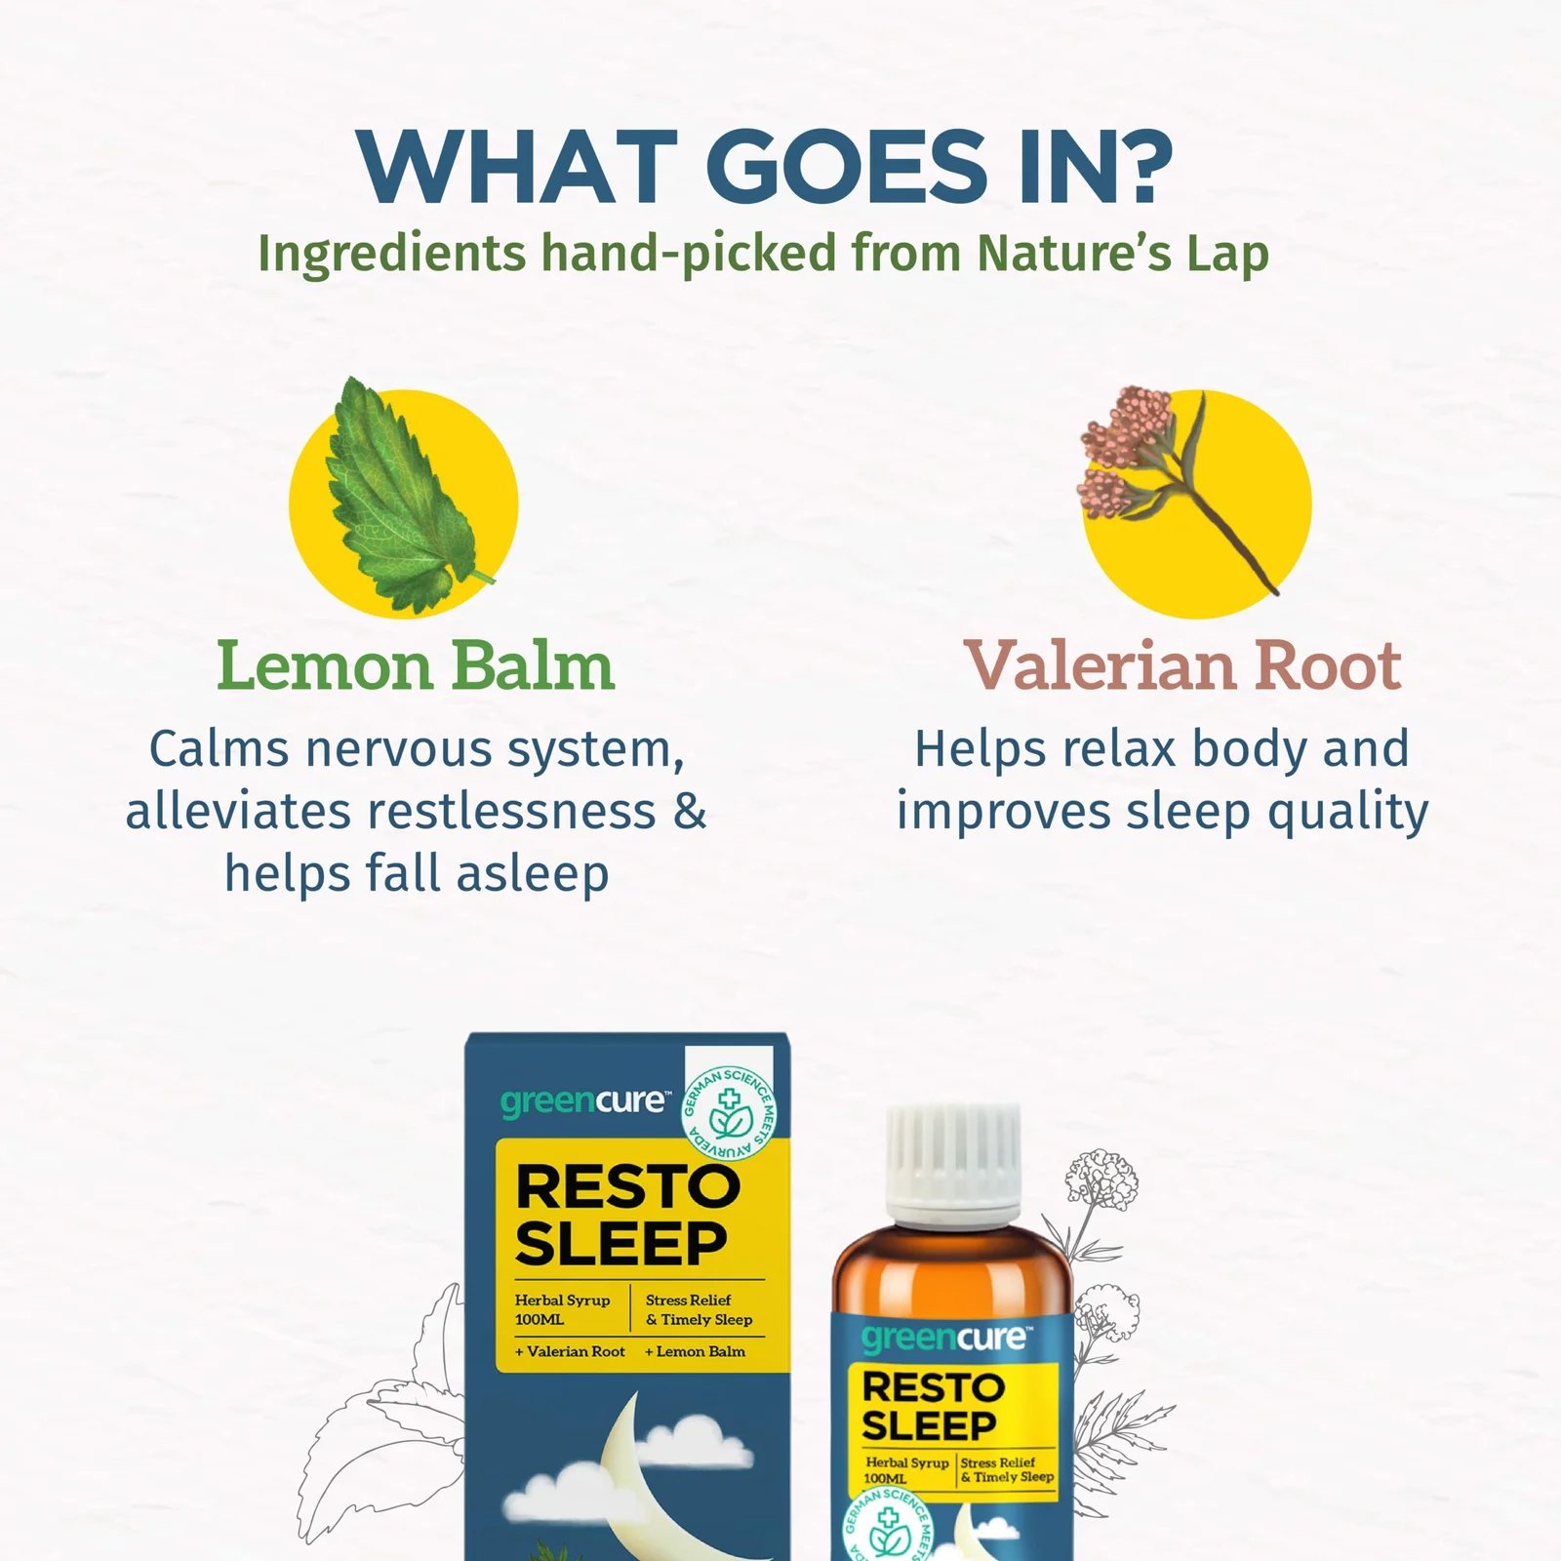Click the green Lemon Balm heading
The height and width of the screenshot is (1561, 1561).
(x=416, y=666)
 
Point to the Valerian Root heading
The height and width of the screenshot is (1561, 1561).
(x=1182, y=666)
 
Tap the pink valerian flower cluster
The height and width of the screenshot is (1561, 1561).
(x=1122, y=449)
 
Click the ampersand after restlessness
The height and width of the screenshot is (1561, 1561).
(x=690, y=811)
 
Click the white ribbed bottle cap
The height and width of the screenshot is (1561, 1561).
(x=953, y=1165)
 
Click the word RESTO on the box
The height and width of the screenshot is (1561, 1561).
(x=627, y=1187)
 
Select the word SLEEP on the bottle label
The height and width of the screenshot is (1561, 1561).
(x=929, y=1426)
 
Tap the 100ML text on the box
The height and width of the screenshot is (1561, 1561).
(x=540, y=1320)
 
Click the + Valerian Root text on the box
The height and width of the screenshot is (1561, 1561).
(x=571, y=1352)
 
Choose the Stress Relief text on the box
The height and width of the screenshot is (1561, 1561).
(x=688, y=1301)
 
